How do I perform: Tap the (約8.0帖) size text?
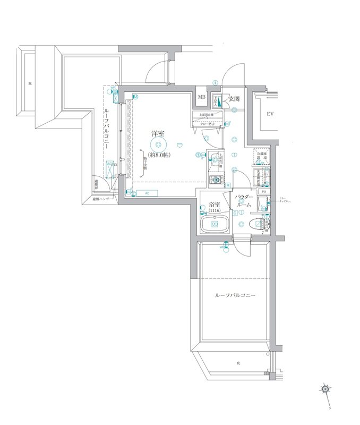tap(159, 155)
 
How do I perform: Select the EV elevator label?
tap(270, 114)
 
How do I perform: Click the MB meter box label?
tap(202, 97)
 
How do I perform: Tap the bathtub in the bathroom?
tap(215, 224)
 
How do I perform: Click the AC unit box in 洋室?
tap(147, 193)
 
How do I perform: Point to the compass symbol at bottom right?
tap(324, 390)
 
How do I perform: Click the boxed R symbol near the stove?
tap(227, 185)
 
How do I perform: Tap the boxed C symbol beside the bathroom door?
tap(234, 213)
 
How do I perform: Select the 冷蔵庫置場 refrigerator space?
tap(261, 155)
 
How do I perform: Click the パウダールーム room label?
tap(244, 200)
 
